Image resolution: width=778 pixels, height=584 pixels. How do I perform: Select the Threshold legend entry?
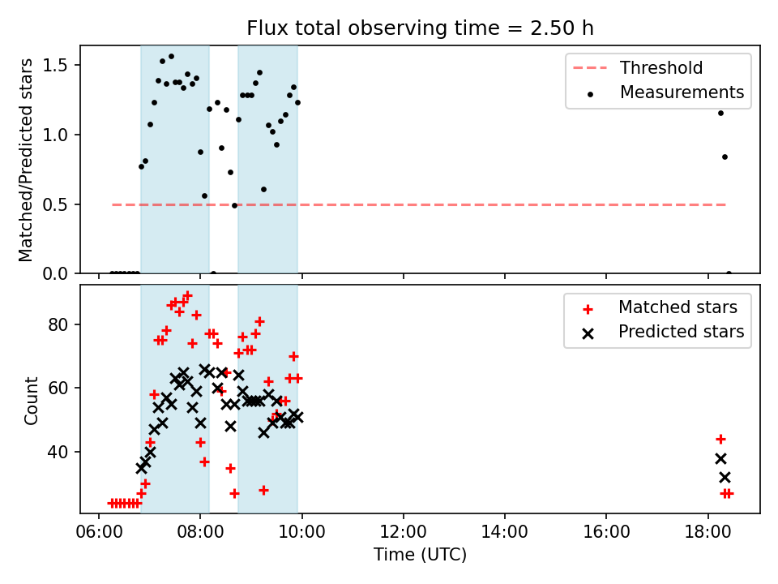pyautogui.click(x=638, y=67)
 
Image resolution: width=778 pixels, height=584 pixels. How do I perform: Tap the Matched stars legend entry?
pyautogui.click(x=660, y=307)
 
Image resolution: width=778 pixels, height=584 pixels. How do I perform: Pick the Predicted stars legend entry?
pyautogui.click(x=664, y=332)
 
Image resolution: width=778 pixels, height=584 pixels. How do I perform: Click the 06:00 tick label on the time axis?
pyautogui.click(x=99, y=532)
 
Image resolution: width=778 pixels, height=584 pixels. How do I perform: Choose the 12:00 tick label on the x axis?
pyautogui.click(x=404, y=532)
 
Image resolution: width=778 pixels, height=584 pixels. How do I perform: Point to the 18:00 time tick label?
pyautogui.click(x=707, y=532)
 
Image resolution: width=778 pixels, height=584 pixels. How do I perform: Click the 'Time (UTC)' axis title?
pyautogui.click(x=421, y=554)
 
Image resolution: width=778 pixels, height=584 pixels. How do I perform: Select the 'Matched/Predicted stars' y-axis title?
pyautogui.click(x=25, y=160)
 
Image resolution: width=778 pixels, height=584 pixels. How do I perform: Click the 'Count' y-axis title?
pyautogui.click(x=31, y=401)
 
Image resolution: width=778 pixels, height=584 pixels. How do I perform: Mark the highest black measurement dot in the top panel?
pyautogui.click(x=171, y=57)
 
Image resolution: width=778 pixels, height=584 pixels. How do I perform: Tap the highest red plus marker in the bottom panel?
pyautogui.click(x=187, y=296)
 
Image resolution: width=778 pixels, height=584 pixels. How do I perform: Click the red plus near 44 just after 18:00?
pyautogui.click(x=720, y=439)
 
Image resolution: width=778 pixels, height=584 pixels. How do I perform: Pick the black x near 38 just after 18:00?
pyautogui.click(x=720, y=458)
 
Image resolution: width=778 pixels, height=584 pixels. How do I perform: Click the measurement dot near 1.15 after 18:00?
pyautogui.click(x=720, y=114)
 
